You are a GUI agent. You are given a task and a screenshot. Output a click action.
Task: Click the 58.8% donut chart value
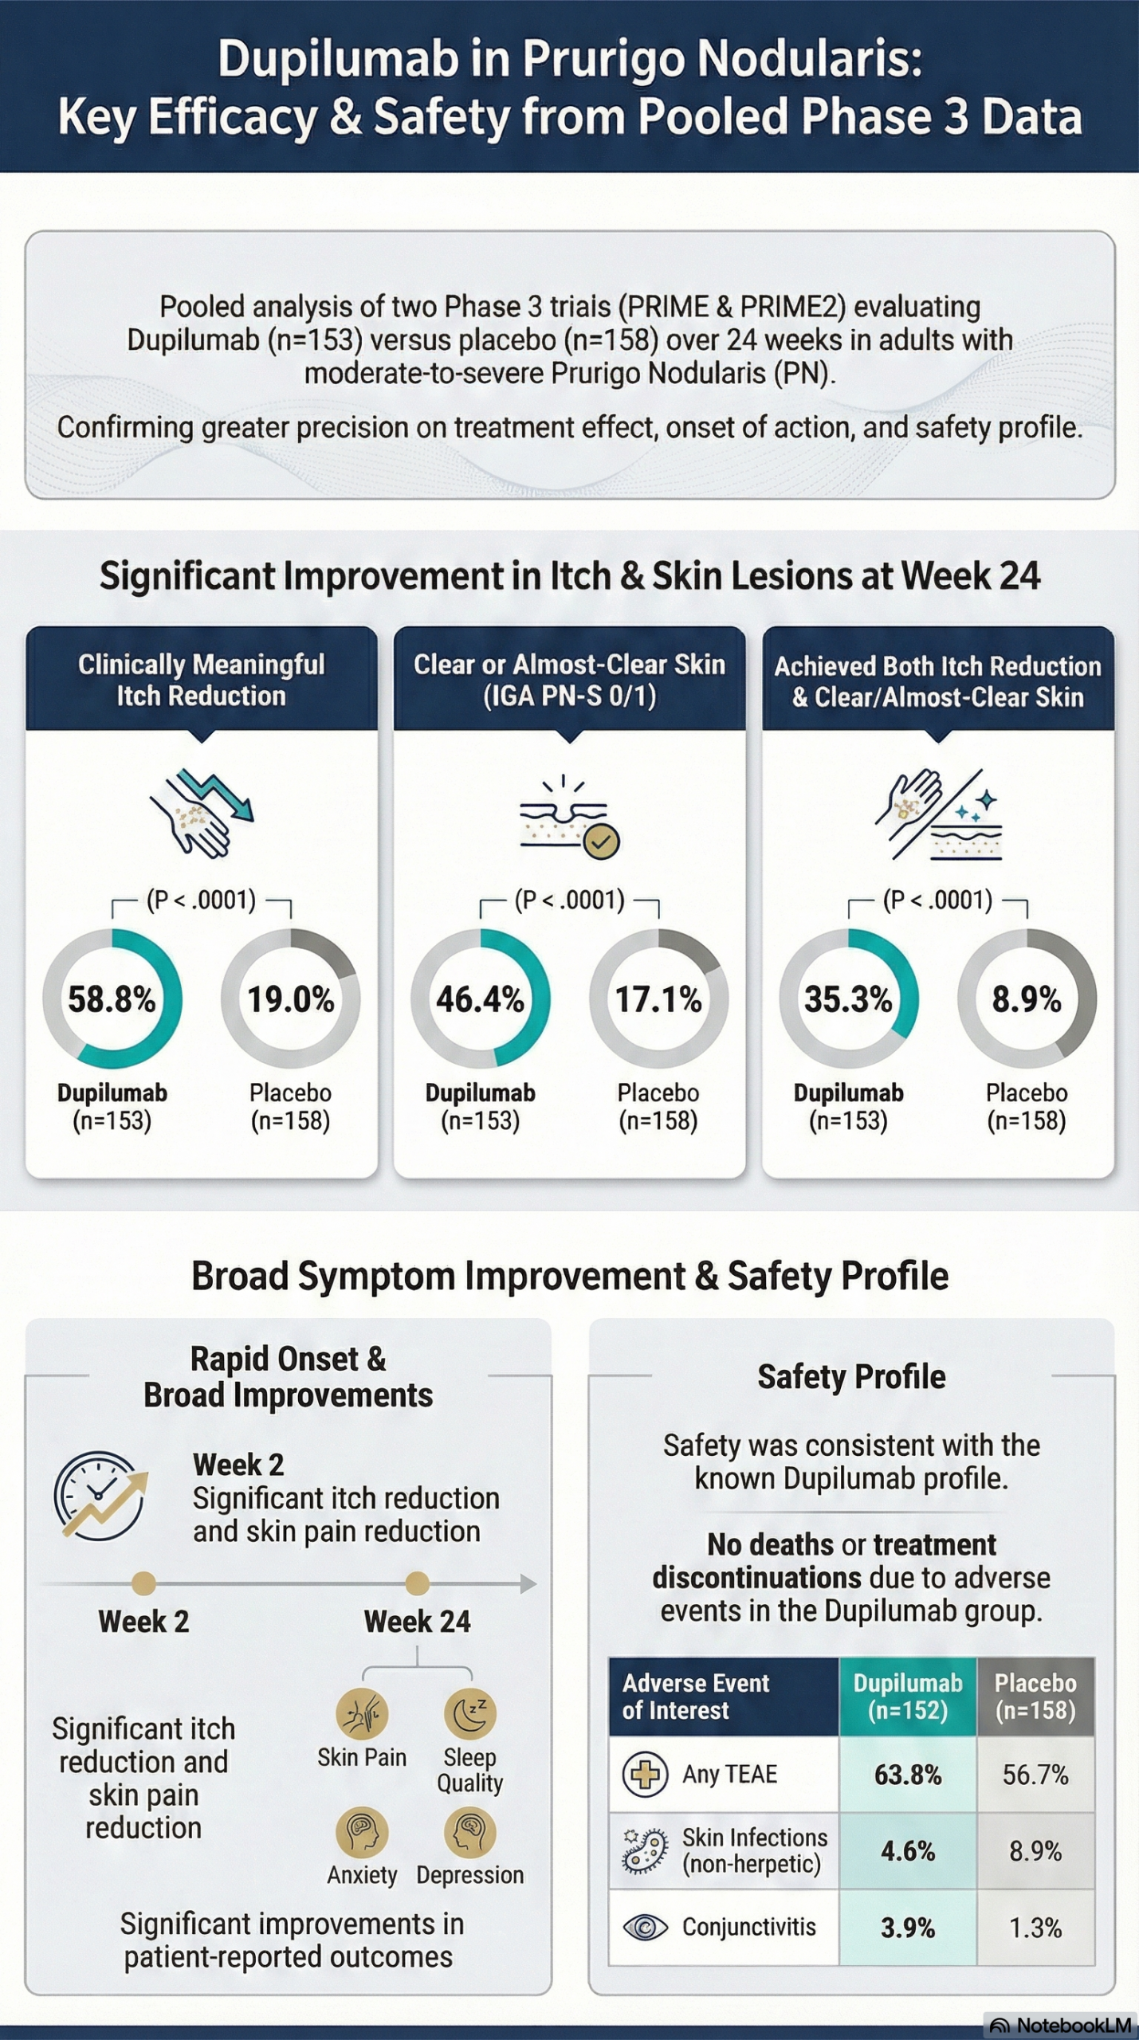point(112,999)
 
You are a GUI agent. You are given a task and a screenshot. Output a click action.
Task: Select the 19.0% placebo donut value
point(290,999)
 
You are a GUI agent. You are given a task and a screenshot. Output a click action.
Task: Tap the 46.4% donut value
point(480,999)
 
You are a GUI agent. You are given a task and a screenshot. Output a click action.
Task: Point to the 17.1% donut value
point(658,999)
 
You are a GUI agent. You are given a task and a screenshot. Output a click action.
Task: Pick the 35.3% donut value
point(848,999)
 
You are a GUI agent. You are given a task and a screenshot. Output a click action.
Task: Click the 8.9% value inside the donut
point(1027,999)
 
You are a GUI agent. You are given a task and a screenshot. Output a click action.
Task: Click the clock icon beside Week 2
point(100,1495)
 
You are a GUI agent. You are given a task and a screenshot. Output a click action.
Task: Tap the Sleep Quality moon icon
point(470,1714)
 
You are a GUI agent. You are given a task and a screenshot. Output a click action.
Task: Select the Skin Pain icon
point(362,1714)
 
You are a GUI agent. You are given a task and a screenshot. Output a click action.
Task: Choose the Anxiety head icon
point(362,1832)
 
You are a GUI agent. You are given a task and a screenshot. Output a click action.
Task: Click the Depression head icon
point(470,1832)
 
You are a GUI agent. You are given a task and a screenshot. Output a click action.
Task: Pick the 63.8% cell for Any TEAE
point(908,1775)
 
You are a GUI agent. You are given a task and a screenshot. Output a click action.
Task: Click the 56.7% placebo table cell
point(1035,1775)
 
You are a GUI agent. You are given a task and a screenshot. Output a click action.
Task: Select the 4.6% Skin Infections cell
point(908,1851)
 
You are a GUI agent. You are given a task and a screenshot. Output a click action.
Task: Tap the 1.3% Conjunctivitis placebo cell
point(1035,1928)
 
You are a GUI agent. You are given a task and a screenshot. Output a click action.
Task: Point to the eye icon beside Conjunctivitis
point(645,1928)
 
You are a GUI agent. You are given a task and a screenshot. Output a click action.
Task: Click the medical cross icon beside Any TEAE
point(645,1775)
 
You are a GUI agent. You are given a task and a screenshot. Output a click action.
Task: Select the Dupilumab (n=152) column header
point(908,1697)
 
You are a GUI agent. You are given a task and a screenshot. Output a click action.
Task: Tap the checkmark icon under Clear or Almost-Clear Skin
point(601,841)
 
